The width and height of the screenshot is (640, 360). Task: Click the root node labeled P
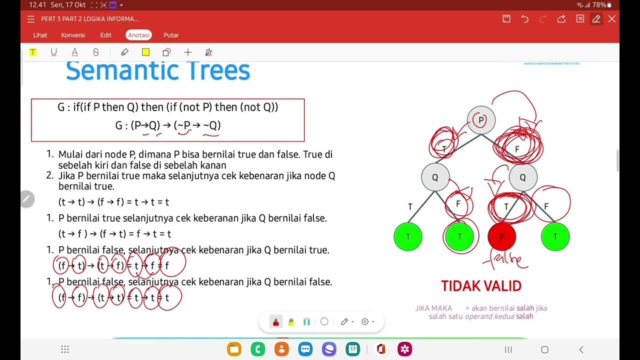481,120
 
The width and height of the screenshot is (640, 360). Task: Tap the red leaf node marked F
501,236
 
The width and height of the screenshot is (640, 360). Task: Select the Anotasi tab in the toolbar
138,35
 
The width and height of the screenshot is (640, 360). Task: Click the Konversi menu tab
73,35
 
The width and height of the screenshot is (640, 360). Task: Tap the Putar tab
171,35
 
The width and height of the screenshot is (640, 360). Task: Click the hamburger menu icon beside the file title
31,19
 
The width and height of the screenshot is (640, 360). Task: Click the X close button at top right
611,19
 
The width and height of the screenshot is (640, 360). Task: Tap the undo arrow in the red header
524,19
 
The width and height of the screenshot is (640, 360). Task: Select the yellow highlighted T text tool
32,52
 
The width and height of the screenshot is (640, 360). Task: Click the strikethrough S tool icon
96,52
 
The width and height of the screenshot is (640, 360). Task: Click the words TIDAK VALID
481,286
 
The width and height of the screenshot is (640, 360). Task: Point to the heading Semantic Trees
158,71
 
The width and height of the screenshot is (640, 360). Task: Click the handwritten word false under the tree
505,259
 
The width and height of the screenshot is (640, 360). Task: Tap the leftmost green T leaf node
408,236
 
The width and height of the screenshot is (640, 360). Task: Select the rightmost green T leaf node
555,236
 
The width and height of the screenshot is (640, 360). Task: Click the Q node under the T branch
435,177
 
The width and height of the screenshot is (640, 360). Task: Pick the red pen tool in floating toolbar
275,321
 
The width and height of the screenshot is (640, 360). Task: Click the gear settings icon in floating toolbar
365,321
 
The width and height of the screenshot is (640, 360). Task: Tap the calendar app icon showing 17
353,349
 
